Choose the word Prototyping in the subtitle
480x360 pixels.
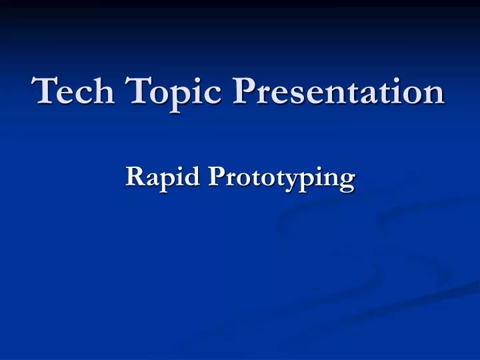pyautogui.click(x=281, y=179)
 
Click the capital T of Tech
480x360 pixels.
pyautogui.click(x=44, y=90)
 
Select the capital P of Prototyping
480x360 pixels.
pyautogui.click(x=215, y=176)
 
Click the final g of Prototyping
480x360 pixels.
pyautogui.click(x=346, y=181)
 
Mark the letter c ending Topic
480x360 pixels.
pyautogui.click(x=203, y=94)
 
